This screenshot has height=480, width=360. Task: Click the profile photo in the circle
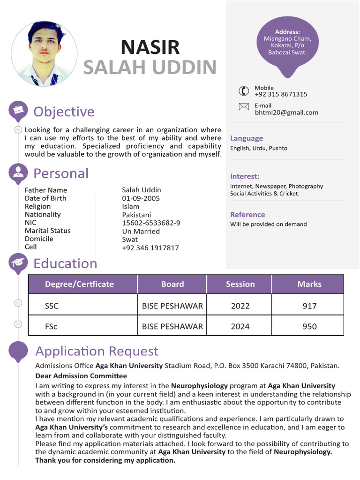pyautogui.click(x=44, y=53)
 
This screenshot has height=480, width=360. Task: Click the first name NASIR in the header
pyautogui.click(x=150, y=47)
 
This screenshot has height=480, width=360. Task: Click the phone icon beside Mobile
pyautogui.click(x=244, y=91)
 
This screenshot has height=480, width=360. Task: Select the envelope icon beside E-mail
pyautogui.click(x=244, y=107)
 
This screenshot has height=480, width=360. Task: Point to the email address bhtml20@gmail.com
pyautogui.click(x=286, y=112)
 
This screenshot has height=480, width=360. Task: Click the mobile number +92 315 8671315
pyautogui.click(x=281, y=94)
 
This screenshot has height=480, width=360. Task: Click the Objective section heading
pyautogui.click(x=64, y=112)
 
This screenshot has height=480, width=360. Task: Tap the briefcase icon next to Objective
pyautogui.click(x=18, y=110)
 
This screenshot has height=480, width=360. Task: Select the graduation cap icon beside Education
pyautogui.click(x=18, y=262)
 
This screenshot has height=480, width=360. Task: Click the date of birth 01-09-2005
pyautogui.click(x=141, y=198)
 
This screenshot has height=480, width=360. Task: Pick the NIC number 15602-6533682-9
pyautogui.click(x=151, y=223)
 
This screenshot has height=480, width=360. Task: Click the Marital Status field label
pyautogui.click(x=47, y=231)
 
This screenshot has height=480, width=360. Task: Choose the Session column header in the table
pyautogui.click(x=240, y=284)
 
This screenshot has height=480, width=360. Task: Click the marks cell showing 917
pyautogui.click(x=309, y=306)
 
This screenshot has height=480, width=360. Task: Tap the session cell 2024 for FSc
pyautogui.click(x=240, y=326)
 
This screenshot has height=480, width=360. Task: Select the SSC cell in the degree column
pyautogui.click(x=52, y=306)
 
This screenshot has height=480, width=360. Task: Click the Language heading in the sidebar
pyautogui.click(x=246, y=138)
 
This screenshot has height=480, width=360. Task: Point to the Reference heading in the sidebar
pyautogui.click(x=247, y=215)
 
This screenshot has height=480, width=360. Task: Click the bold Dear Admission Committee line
pyautogui.click(x=81, y=376)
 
